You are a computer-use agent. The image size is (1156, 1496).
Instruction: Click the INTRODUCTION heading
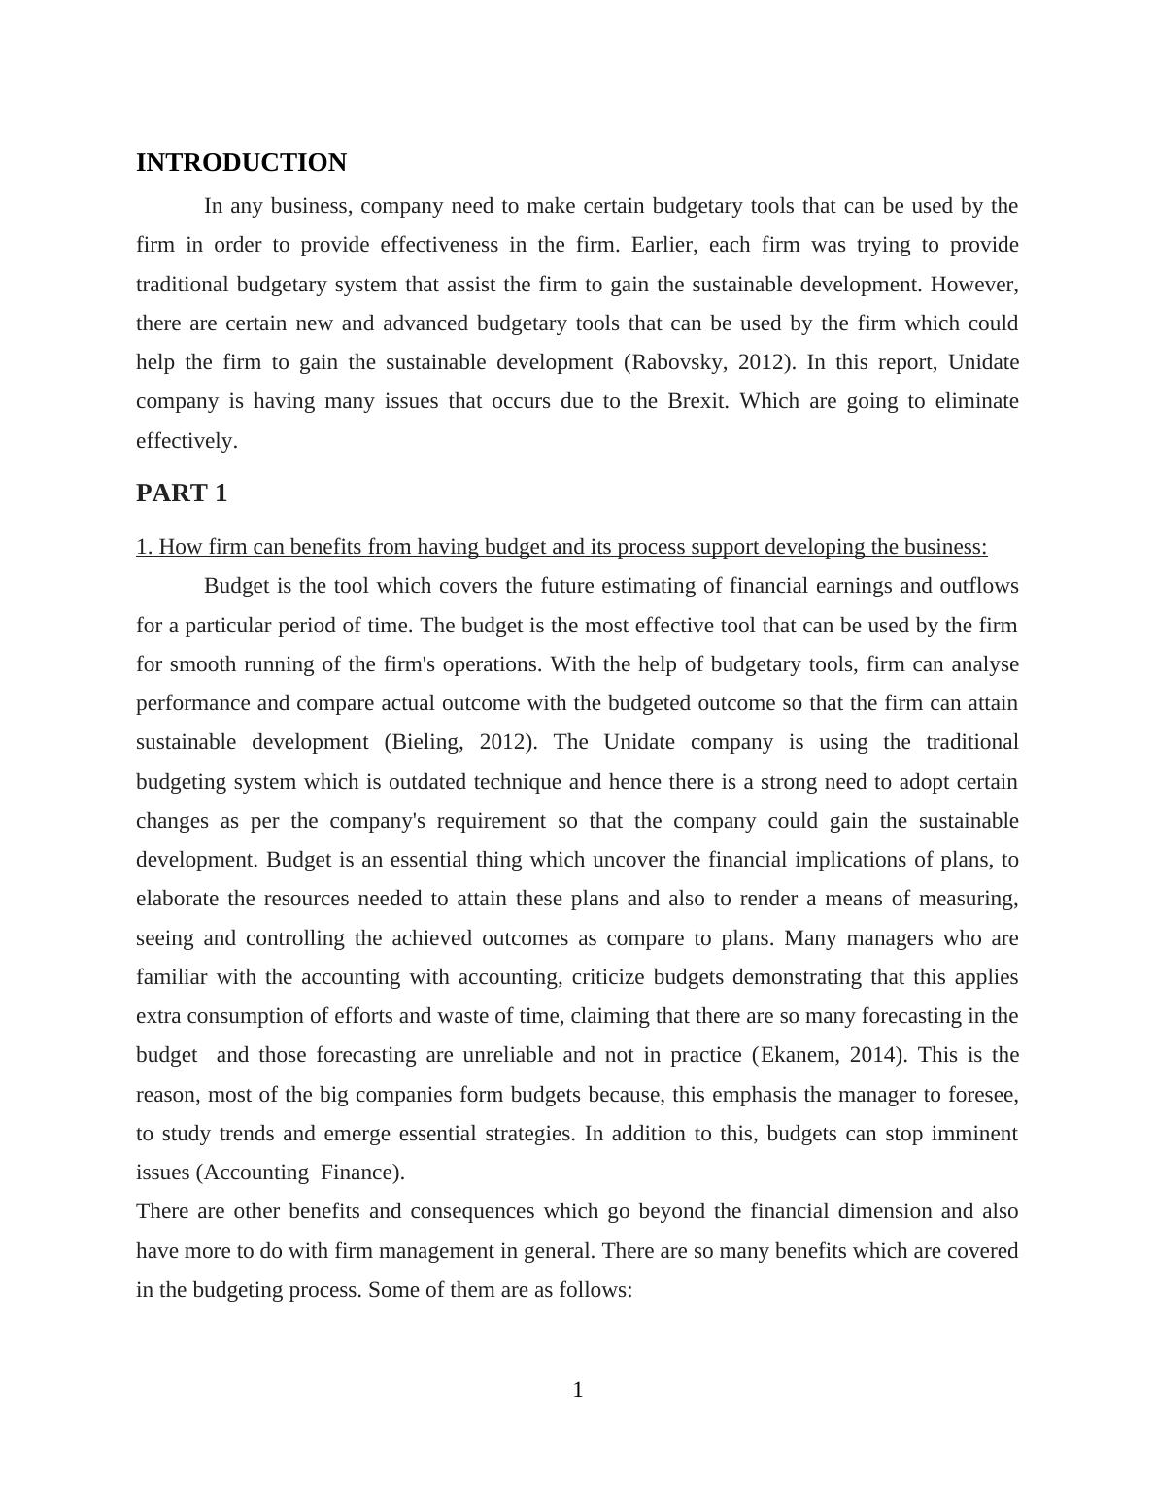pos(241,163)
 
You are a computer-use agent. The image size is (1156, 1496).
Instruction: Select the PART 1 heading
pos(182,493)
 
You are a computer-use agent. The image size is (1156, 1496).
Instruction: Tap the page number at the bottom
pos(578,1390)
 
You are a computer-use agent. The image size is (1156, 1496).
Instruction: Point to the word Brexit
pos(697,401)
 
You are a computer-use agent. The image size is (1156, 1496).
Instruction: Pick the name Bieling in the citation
pos(423,742)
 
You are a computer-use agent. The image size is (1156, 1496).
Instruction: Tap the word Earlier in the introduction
pos(663,245)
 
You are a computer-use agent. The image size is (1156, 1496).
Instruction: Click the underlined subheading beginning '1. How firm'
pos(561,547)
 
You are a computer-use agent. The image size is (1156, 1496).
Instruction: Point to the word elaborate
pos(177,899)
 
